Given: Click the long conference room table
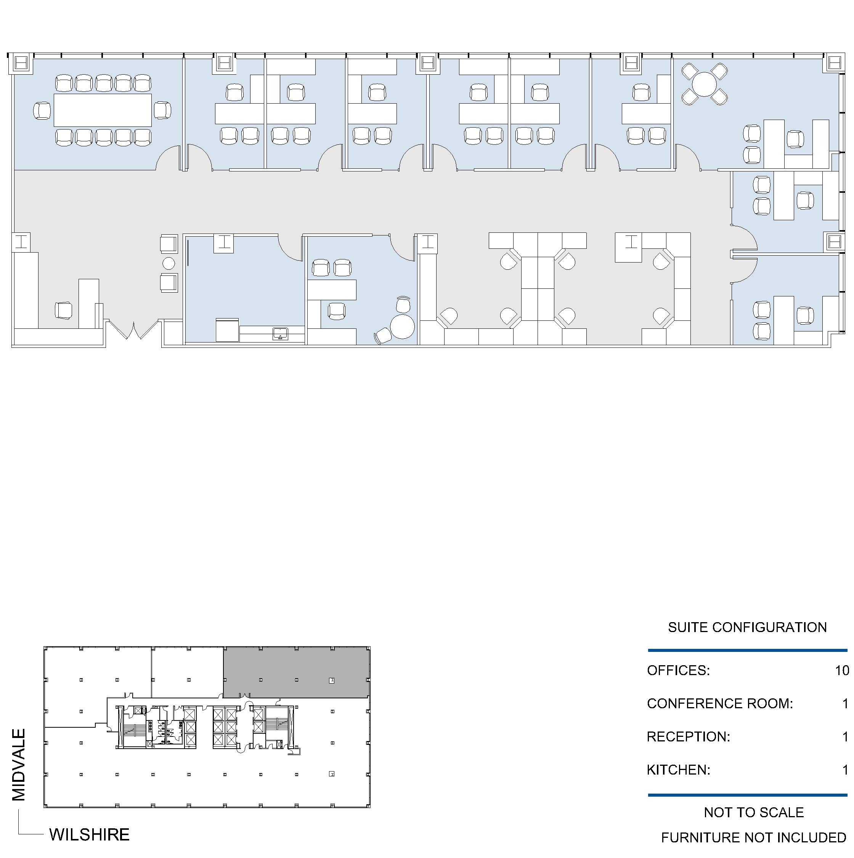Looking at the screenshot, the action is [x=103, y=110].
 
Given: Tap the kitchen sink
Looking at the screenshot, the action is [x=280, y=334].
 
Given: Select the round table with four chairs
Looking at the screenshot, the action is [x=705, y=84].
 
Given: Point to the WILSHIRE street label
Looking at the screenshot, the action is [x=89, y=834].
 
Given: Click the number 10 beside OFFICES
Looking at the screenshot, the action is [x=842, y=670].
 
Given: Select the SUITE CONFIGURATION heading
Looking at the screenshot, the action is [x=747, y=627].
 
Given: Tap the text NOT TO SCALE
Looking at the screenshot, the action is [x=754, y=812].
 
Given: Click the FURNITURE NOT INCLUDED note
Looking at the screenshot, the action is [x=754, y=837].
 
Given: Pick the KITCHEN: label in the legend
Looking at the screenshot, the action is [x=679, y=770].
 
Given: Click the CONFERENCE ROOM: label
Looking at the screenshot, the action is [x=720, y=703].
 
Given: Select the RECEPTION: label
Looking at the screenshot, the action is [x=688, y=737].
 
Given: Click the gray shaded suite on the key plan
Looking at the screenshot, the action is [x=296, y=672].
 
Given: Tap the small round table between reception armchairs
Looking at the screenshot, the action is [x=169, y=263].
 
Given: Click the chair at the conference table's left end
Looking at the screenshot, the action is [x=42, y=110].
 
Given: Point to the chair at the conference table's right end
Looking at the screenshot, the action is [x=163, y=110].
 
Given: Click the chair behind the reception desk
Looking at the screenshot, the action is [x=64, y=311].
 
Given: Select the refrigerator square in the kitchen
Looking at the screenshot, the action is [x=227, y=330].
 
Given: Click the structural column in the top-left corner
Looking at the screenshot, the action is [x=21, y=64].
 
